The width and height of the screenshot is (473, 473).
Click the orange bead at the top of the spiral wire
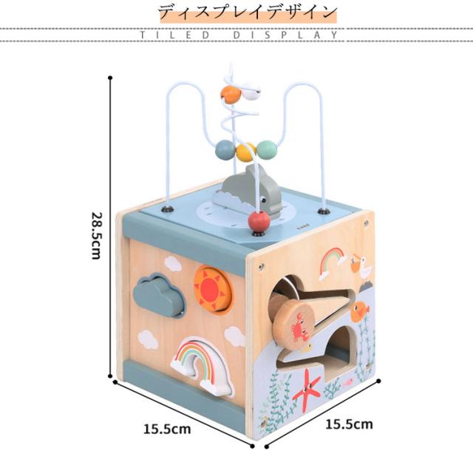(x=231, y=94)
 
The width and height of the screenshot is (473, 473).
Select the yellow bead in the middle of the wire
(x=246, y=152)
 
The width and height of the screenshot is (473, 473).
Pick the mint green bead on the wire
(x=267, y=150)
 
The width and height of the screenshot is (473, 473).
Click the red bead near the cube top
(x=257, y=221)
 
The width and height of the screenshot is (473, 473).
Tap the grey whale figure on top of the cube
(x=248, y=191)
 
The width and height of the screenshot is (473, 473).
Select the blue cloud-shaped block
(x=160, y=294)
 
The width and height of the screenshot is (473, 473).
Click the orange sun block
(x=213, y=288)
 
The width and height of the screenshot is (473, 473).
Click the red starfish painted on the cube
(x=307, y=389)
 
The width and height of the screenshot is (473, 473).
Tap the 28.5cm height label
(x=95, y=235)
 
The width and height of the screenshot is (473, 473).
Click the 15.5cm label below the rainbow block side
(x=167, y=428)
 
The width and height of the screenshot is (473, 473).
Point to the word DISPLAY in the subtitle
(x=296, y=35)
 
